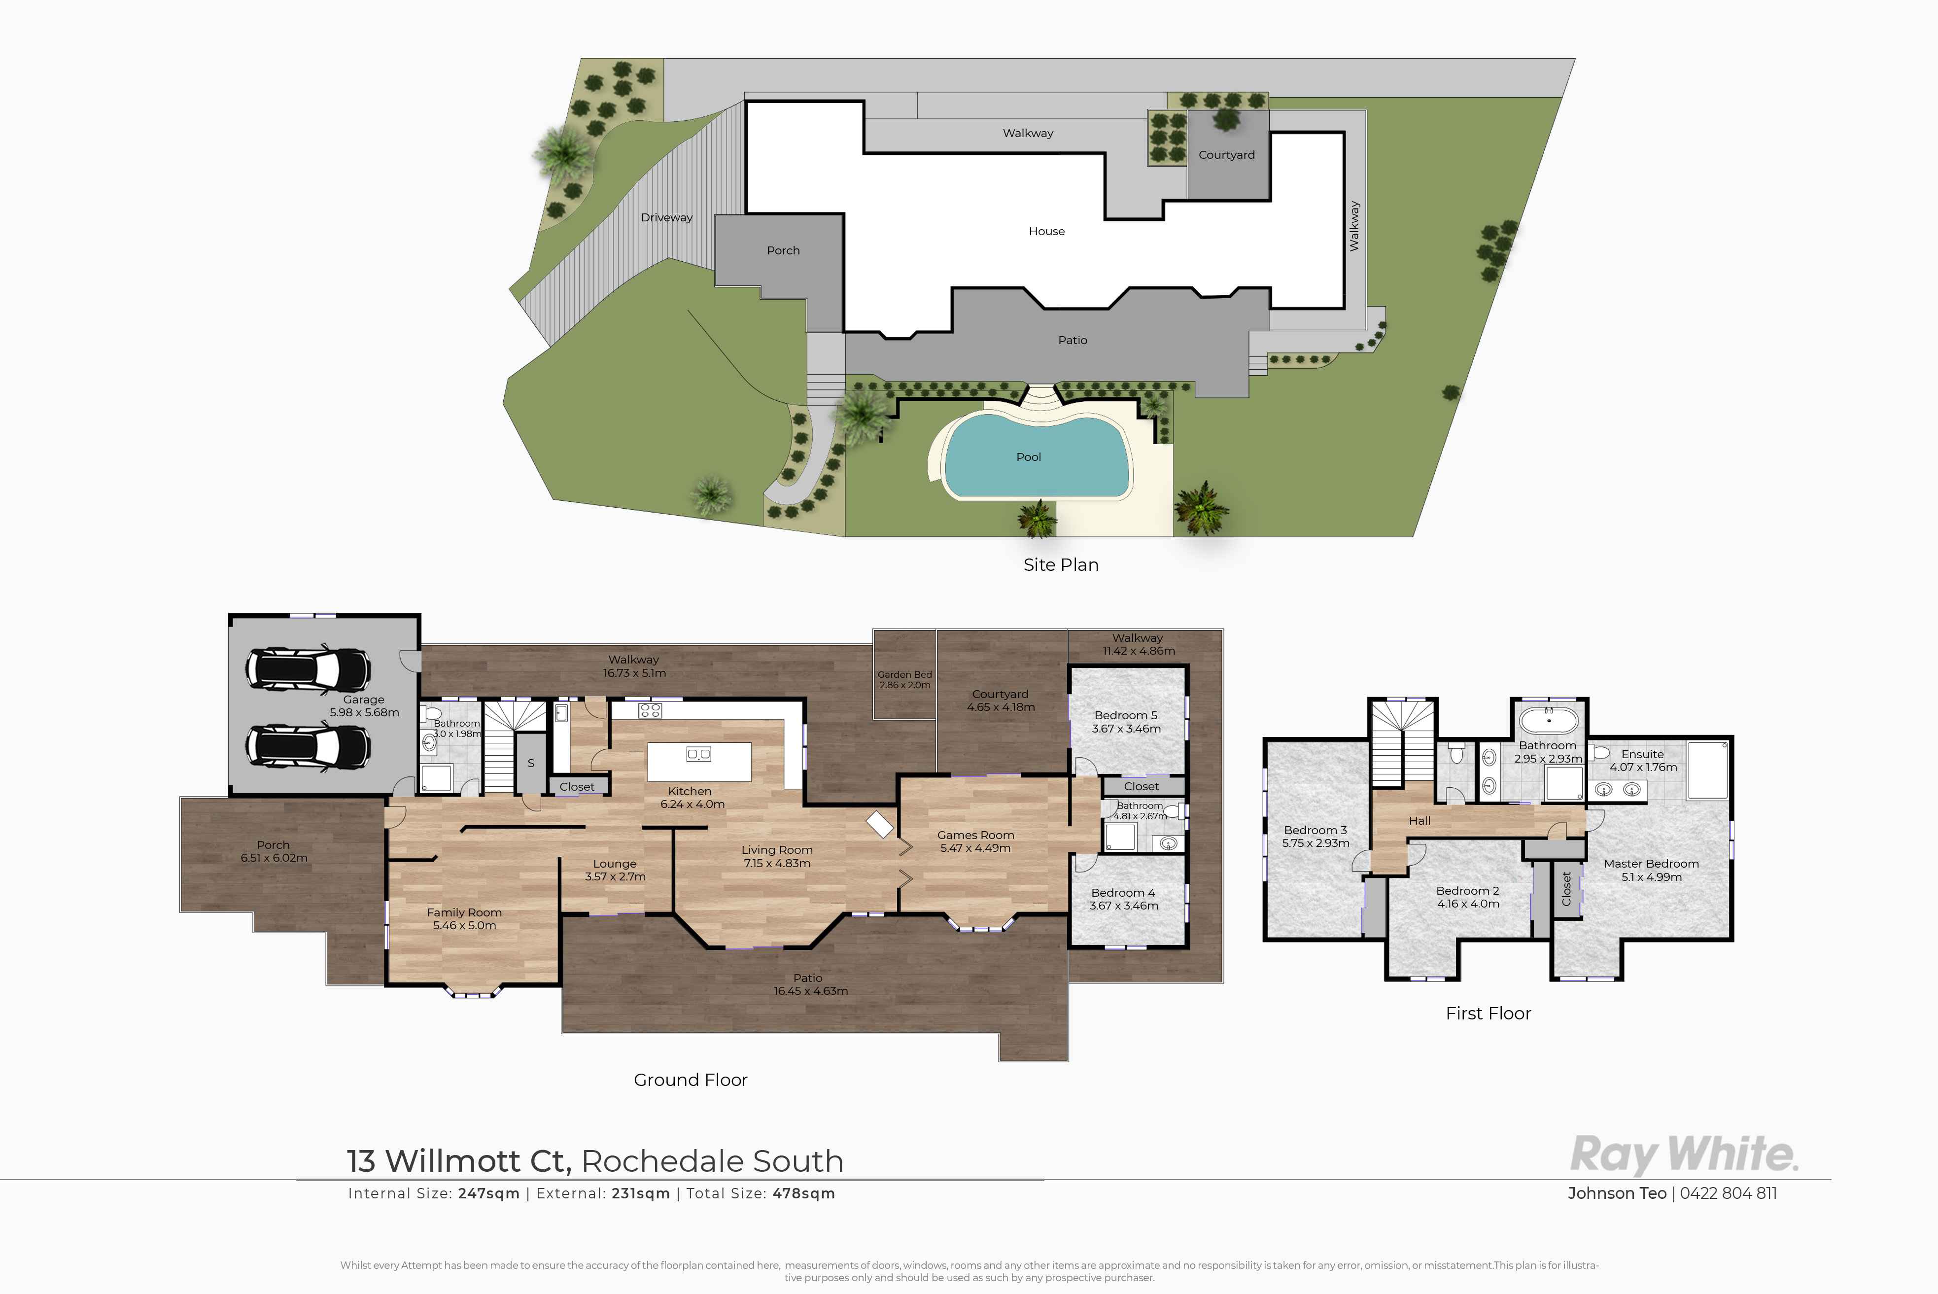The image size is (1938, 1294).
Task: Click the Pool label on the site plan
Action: (x=1028, y=456)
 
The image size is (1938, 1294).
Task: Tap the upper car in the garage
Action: (x=308, y=668)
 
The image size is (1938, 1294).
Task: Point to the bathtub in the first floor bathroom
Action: (x=1549, y=720)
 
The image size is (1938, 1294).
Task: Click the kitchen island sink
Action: (x=699, y=753)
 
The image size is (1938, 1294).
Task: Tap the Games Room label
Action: (x=975, y=835)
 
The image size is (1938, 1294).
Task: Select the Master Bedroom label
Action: (x=1651, y=863)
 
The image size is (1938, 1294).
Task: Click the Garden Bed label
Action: (x=904, y=674)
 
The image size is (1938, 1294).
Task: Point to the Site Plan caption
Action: (x=1061, y=564)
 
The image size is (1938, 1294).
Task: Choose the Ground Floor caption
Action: (x=691, y=1080)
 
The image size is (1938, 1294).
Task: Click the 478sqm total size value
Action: (x=803, y=1193)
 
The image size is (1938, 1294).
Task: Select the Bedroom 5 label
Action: (x=1125, y=715)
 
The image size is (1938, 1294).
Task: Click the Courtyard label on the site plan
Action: (x=1226, y=154)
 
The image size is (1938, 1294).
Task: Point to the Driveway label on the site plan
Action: (x=667, y=217)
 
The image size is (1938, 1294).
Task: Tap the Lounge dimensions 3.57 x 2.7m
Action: (x=615, y=876)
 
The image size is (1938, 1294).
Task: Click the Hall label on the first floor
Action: (x=1419, y=820)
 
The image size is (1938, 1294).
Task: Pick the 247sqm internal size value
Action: (x=488, y=1193)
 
